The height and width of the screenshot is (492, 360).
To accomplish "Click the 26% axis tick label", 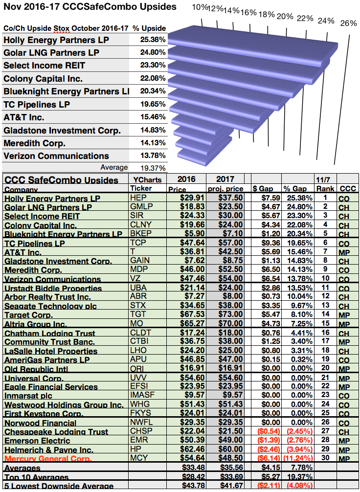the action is (349, 23).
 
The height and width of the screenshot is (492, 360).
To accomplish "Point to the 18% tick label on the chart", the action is (267, 15).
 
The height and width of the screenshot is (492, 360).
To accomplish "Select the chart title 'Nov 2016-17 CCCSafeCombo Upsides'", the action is (90, 6).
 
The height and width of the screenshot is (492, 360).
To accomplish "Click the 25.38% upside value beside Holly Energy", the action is (153, 40).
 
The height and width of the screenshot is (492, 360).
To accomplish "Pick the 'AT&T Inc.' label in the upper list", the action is (24, 117).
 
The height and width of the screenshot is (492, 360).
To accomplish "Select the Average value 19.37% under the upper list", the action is (153, 168).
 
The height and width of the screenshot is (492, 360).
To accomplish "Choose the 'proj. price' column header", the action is (225, 189).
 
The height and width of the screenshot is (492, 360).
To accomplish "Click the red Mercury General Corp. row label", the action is (48, 459).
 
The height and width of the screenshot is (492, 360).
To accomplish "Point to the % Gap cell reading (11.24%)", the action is (298, 458).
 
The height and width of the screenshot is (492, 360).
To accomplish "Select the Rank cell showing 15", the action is (325, 323).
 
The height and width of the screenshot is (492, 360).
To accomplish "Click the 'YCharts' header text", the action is (147, 179).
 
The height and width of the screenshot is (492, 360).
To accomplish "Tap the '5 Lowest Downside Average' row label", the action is (59, 486).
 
